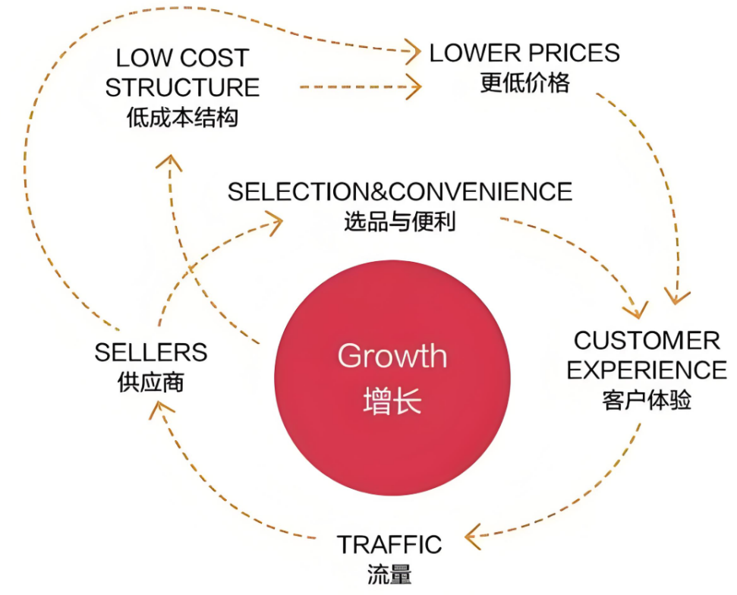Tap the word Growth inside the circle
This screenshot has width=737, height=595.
[392, 356]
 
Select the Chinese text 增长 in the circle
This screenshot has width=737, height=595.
[392, 401]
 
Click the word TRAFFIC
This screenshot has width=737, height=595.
[389, 544]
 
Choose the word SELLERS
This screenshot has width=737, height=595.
[151, 352]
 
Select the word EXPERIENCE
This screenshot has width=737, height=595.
[647, 370]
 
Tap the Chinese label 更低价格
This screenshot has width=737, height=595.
[524, 82]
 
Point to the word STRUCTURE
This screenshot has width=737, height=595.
[182, 87]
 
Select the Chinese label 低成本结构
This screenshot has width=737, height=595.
[182, 118]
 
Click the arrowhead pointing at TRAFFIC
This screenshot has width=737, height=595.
[473, 537]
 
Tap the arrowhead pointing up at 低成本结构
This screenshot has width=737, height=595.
[172, 161]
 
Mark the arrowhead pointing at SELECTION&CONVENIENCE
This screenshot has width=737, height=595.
[275, 221]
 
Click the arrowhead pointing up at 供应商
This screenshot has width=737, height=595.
[159, 411]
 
